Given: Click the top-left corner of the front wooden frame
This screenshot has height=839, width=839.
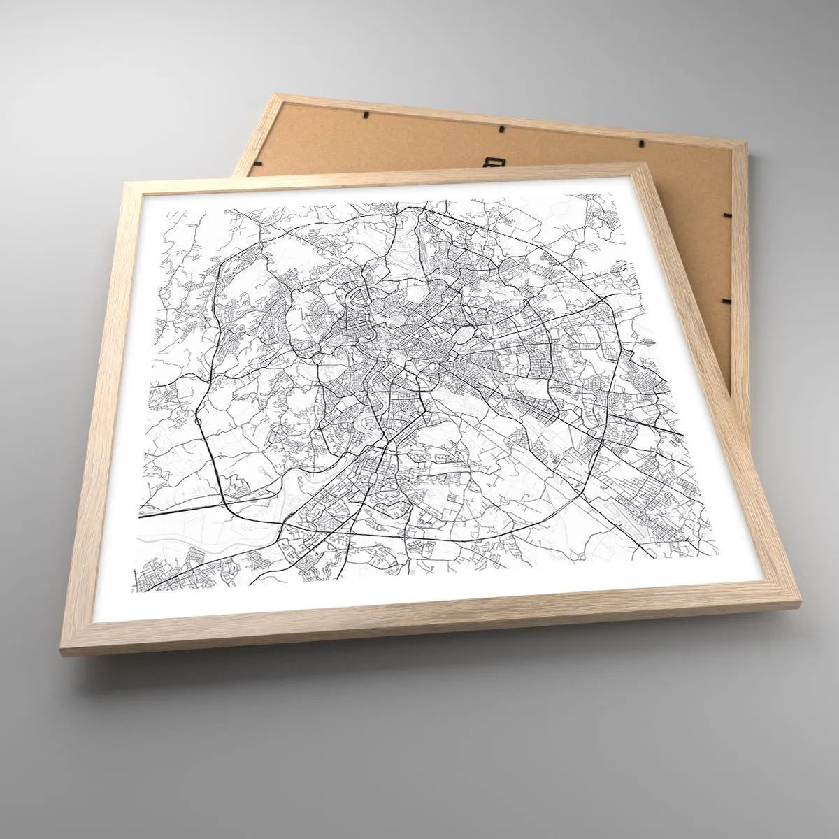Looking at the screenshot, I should tap(124, 183).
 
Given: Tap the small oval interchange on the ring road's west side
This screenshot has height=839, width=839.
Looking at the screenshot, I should tap(199, 422).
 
